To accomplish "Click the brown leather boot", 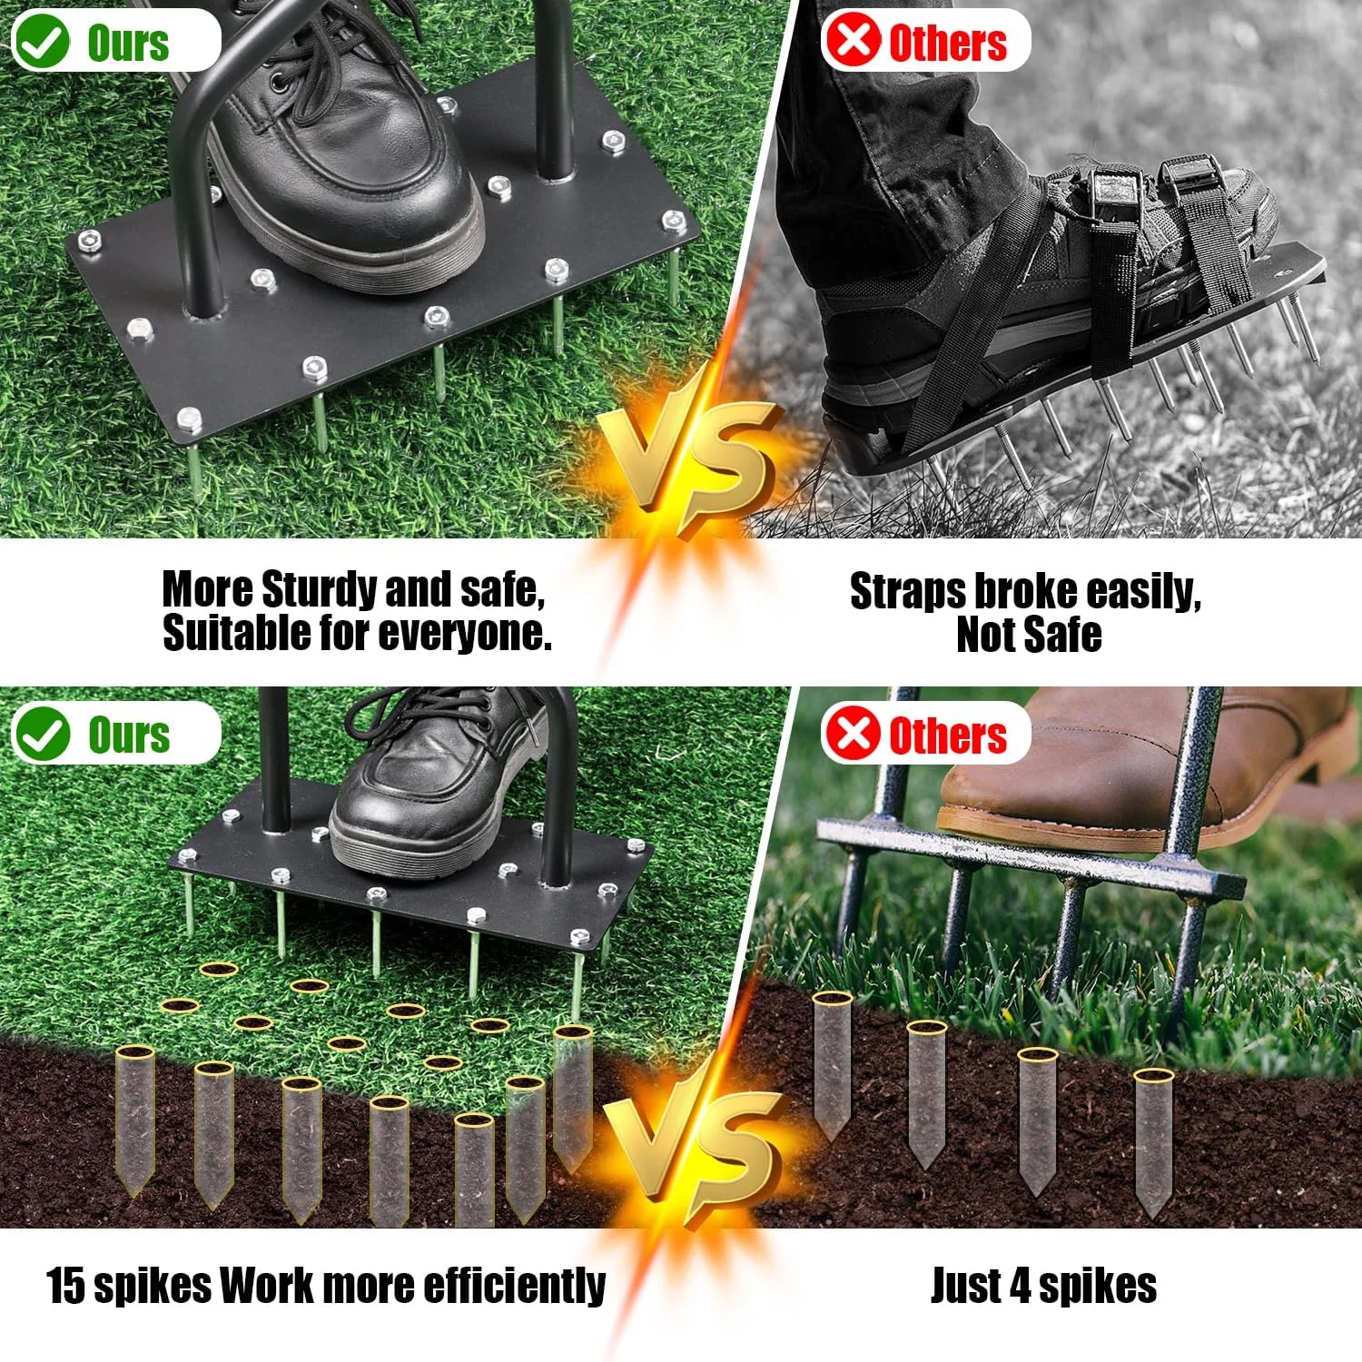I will click(x=1135, y=763).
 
